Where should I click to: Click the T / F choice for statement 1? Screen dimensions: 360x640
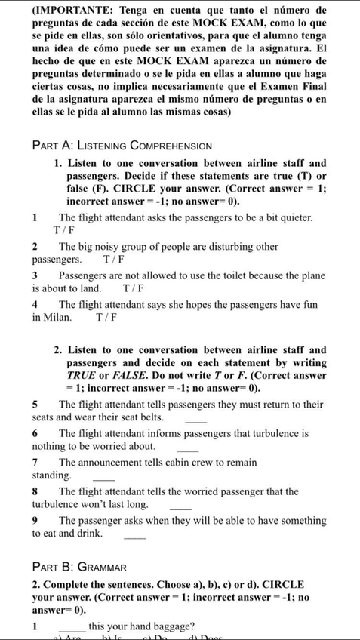click(63, 229)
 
